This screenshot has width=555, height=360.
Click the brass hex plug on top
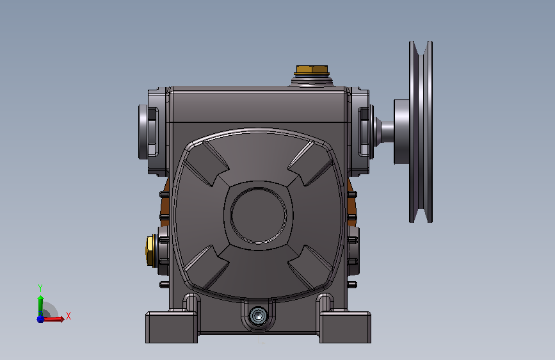point(312,69)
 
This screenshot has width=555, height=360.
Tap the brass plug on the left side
point(150,250)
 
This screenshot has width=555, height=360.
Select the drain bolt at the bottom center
point(259,315)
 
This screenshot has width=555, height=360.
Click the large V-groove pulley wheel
point(421,132)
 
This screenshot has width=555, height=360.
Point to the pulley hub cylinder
point(401,132)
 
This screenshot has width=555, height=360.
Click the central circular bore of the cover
point(259,215)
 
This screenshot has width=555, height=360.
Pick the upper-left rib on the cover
point(207,163)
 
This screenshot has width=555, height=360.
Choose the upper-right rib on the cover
point(310,163)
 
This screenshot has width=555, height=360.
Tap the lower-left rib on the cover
point(207,267)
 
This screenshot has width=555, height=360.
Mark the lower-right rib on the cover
point(310,267)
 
